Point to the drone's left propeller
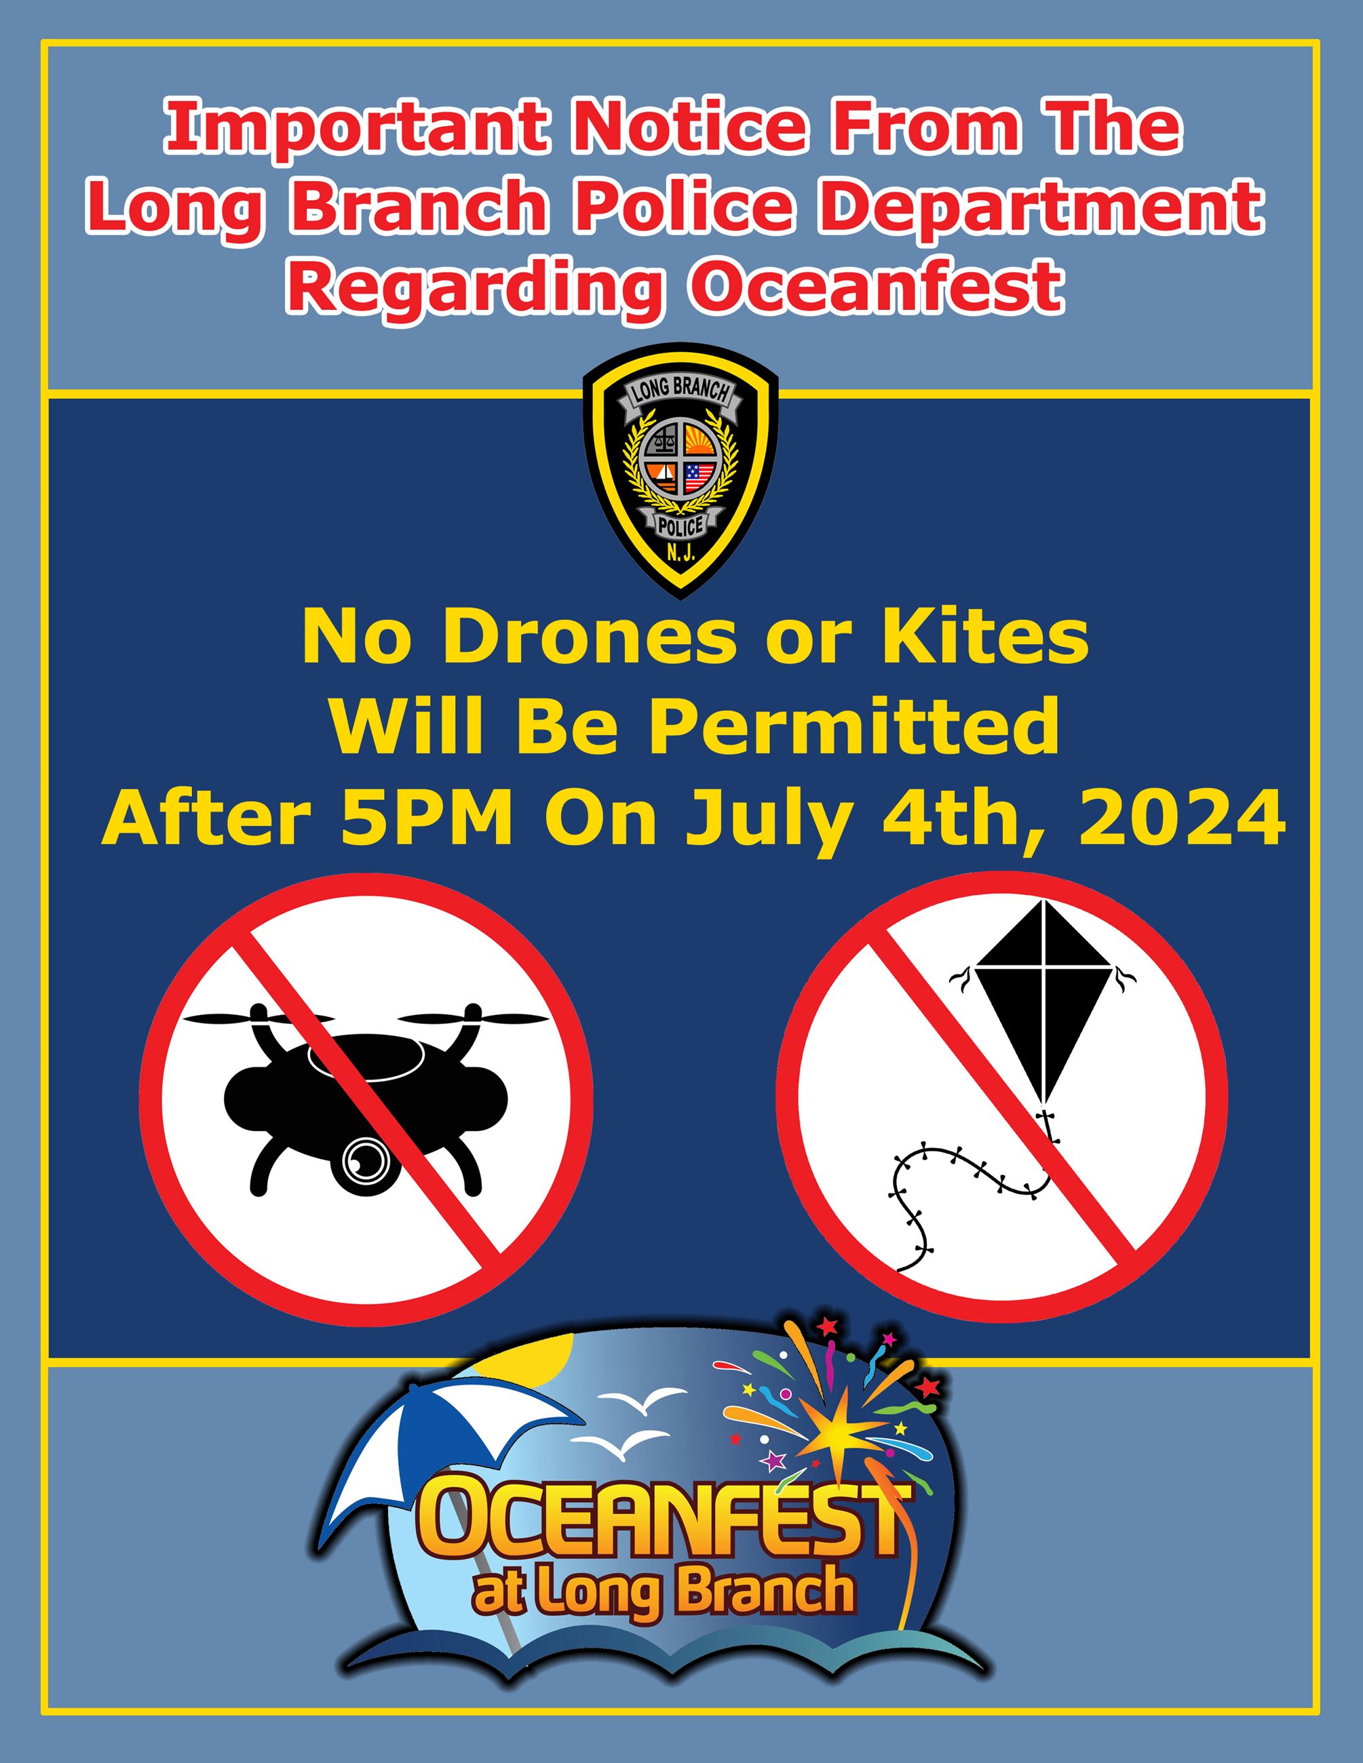[x=258, y=1018]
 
